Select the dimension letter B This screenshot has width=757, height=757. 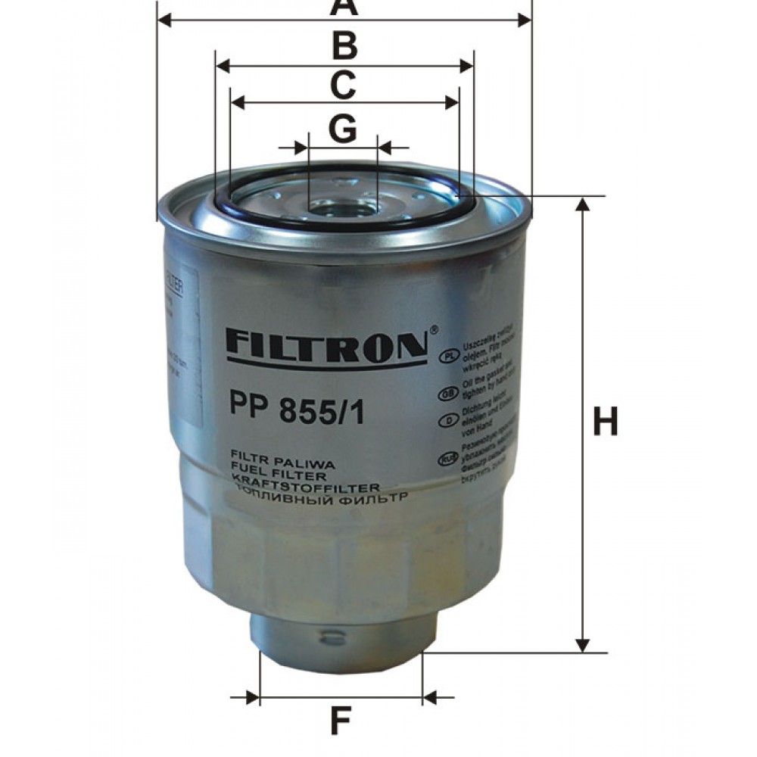[x=344, y=46]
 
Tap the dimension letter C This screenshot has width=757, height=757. [x=343, y=85]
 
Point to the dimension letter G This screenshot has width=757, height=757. [x=343, y=129]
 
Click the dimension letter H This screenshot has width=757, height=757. [x=605, y=422]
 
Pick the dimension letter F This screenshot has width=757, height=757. [x=341, y=721]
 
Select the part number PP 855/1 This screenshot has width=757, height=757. [x=296, y=413]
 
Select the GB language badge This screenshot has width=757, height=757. [x=447, y=394]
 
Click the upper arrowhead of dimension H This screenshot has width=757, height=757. [x=583, y=204]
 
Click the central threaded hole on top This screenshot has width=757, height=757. [x=343, y=205]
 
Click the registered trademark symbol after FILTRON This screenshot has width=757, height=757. [x=434, y=329]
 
